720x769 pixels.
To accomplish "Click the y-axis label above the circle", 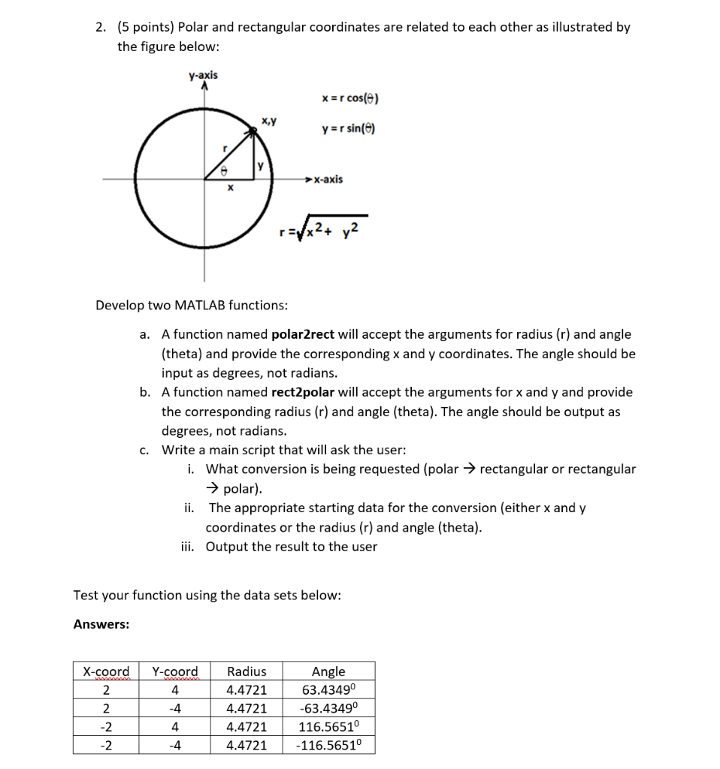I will [203, 75].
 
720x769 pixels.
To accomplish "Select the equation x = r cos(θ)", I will [350, 98].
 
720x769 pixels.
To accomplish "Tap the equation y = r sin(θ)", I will [346, 128].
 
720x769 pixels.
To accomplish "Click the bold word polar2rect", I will [303, 334].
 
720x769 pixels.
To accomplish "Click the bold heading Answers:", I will [101, 624].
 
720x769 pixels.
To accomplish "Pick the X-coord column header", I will [105, 671].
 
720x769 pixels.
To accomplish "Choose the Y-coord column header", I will [175, 671].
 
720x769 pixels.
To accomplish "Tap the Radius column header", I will [247, 671].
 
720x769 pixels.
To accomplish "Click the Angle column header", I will [328, 671].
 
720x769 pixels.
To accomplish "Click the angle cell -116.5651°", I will [328, 745].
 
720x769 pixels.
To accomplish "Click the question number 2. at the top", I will [101, 27].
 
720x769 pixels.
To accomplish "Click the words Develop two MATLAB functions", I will [191, 305].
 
